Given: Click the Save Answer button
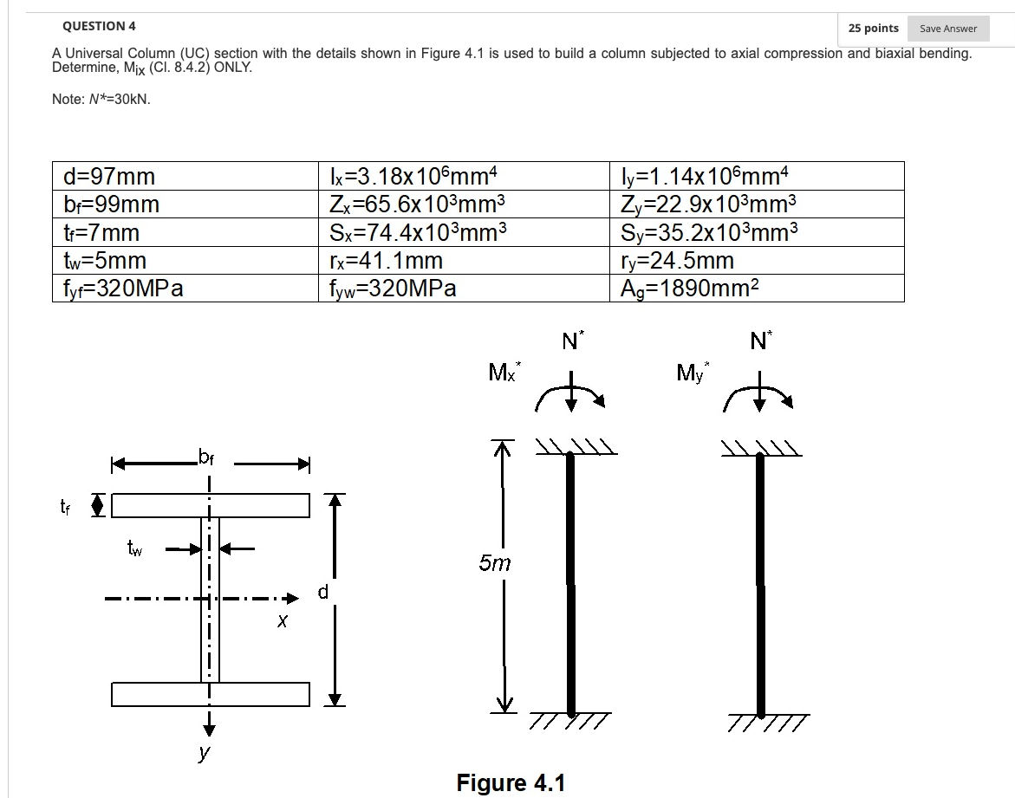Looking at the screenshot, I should pos(947,29).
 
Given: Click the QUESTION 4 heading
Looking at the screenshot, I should pos(99,26).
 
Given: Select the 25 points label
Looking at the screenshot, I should pos(873,29).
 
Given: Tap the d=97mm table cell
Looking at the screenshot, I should pos(110,177).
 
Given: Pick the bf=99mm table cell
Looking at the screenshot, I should pos(113,204).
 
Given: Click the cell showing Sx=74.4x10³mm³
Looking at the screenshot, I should pos(417,232).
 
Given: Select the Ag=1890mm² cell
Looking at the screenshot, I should pos(690,289).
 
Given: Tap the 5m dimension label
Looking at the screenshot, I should pos(495,563).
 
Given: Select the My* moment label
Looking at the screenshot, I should pos(693,373).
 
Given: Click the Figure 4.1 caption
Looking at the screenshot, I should pos(511,783).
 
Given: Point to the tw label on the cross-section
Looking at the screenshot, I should pos(135,548).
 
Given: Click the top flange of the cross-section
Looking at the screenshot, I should pos(210,505).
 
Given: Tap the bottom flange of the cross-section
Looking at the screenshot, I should pos(210,694).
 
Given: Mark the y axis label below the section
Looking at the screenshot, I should pos(204,752).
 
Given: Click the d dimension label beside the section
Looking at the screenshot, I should pos(322,593).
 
